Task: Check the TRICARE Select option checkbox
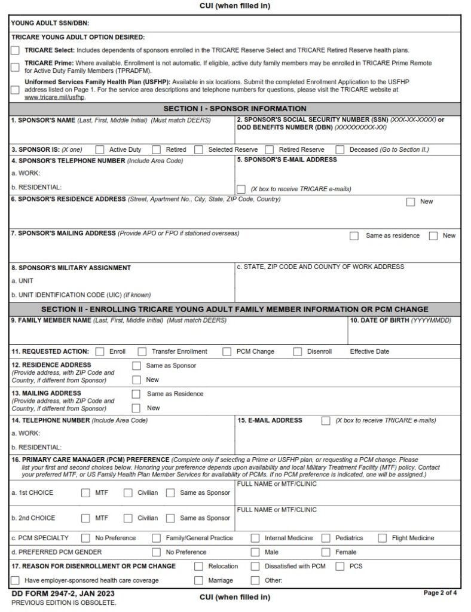point(16,51)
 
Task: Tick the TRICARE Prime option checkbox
point(16,67)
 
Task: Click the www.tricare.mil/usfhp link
point(46,97)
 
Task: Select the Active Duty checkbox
point(100,149)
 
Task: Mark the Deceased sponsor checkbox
point(340,149)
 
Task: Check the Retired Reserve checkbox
point(270,149)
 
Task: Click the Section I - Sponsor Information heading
point(235,109)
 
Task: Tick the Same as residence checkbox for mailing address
point(354,236)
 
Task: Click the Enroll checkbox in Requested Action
point(100,351)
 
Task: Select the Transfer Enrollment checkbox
point(142,351)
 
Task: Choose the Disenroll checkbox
point(298,351)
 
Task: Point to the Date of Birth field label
point(400,321)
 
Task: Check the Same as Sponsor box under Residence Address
point(136,366)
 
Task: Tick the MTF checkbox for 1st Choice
point(85,493)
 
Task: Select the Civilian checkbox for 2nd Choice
point(128,518)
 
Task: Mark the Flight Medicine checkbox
point(383,538)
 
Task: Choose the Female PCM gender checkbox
point(326,552)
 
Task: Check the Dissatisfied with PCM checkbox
point(255,566)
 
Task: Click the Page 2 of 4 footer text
point(440,593)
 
